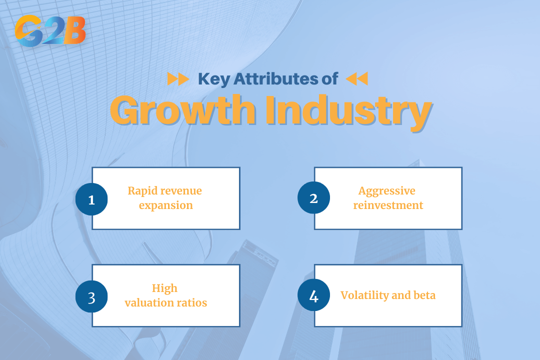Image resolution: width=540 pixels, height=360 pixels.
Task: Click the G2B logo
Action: click(x=50, y=31)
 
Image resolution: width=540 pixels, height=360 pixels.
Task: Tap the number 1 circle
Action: click(x=91, y=199)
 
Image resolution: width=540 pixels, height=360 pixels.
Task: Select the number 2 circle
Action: click(x=313, y=198)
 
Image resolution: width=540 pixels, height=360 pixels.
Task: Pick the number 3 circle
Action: click(x=91, y=296)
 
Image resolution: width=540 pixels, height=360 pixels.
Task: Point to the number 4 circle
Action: click(x=313, y=296)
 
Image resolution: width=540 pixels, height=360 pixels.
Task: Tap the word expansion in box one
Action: click(x=165, y=205)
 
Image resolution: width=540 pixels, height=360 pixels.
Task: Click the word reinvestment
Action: click(x=388, y=205)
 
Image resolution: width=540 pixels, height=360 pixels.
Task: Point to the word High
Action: click(x=165, y=288)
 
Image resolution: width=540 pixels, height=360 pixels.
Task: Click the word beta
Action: click(x=424, y=295)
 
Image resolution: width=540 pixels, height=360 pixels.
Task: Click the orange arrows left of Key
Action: click(x=177, y=79)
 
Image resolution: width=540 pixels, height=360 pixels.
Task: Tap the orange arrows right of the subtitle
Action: click(x=356, y=79)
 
